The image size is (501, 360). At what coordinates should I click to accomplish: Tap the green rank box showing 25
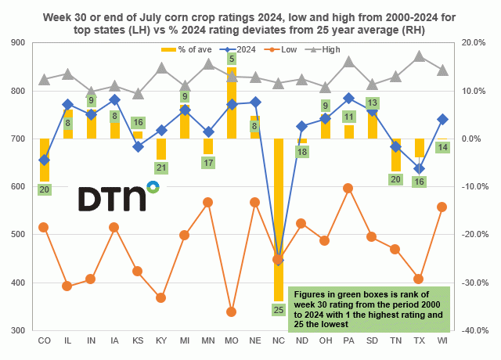click(278, 310)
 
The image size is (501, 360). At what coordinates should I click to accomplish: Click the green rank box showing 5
click(232, 59)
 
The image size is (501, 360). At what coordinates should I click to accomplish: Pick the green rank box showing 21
click(161, 167)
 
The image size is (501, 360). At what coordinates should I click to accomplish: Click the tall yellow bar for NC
click(278, 219)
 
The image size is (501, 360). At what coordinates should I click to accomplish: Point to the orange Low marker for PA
click(348, 188)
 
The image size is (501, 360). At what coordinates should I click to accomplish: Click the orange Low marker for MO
click(232, 311)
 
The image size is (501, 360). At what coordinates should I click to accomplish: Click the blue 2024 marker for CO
click(44, 160)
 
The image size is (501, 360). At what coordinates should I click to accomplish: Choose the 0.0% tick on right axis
click(474, 139)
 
